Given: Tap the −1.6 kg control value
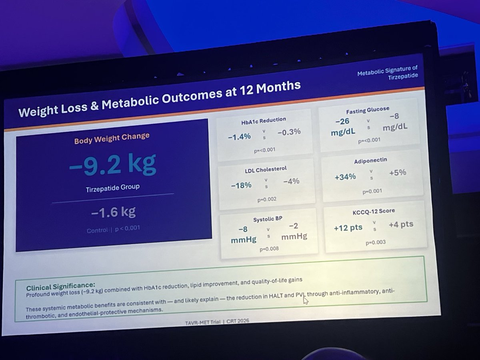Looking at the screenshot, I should tap(113, 212).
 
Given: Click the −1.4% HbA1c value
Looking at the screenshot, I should tap(240, 136).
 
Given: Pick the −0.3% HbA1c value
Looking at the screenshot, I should tap(288, 132).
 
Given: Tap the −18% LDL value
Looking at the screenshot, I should tap(241, 185).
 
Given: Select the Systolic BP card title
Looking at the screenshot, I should tap(267, 219).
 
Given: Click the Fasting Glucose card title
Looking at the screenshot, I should tap(367, 110).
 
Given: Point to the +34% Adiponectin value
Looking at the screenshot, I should tap(345, 176).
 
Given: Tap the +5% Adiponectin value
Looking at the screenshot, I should tap(397, 172).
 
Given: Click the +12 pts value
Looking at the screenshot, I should tap(348, 228).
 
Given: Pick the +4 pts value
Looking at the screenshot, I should tap(401, 224).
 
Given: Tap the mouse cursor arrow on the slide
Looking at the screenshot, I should tap(306, 300).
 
